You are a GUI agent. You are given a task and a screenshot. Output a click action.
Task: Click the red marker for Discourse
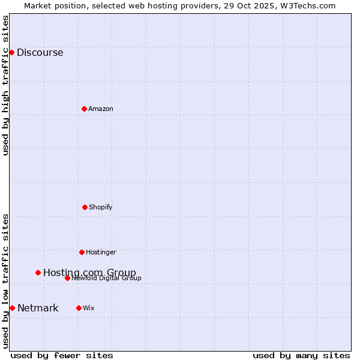(x=11, y=52)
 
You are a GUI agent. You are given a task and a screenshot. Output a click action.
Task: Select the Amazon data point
(x=84, y=109)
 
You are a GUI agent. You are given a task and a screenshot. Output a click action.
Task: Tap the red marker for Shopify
(x=85, y=207)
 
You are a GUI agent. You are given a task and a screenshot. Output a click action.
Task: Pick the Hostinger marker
(x=82, y=252)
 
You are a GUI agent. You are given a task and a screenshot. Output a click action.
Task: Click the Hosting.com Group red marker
(x=38, y=272)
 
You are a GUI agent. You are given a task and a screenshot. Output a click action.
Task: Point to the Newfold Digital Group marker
(x=67, y=278)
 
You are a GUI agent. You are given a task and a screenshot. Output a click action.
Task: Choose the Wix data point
(x=79, y=308)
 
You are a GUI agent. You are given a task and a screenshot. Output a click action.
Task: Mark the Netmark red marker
(x=12, y=308)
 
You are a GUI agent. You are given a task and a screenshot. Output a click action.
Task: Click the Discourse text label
(x=40, y=52)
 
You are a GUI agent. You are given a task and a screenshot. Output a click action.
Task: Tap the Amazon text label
(x=101, y=109)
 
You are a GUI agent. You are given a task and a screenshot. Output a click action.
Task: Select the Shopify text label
(x=101, y=207)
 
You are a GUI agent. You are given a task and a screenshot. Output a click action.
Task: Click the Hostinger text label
(x=101, y=252)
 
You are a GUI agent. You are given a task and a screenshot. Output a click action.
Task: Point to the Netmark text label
(x=38, y=308)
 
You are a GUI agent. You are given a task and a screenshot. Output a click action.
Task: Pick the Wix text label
(x=89, y=308)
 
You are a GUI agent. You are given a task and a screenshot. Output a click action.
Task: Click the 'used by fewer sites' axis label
(x=62, y=355)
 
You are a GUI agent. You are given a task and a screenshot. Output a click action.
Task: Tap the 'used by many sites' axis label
(x=301, y=355)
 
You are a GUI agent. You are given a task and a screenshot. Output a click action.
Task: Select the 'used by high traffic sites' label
(x=5, y=85)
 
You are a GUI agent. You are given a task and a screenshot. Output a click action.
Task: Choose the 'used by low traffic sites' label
(x=5, y=281)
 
